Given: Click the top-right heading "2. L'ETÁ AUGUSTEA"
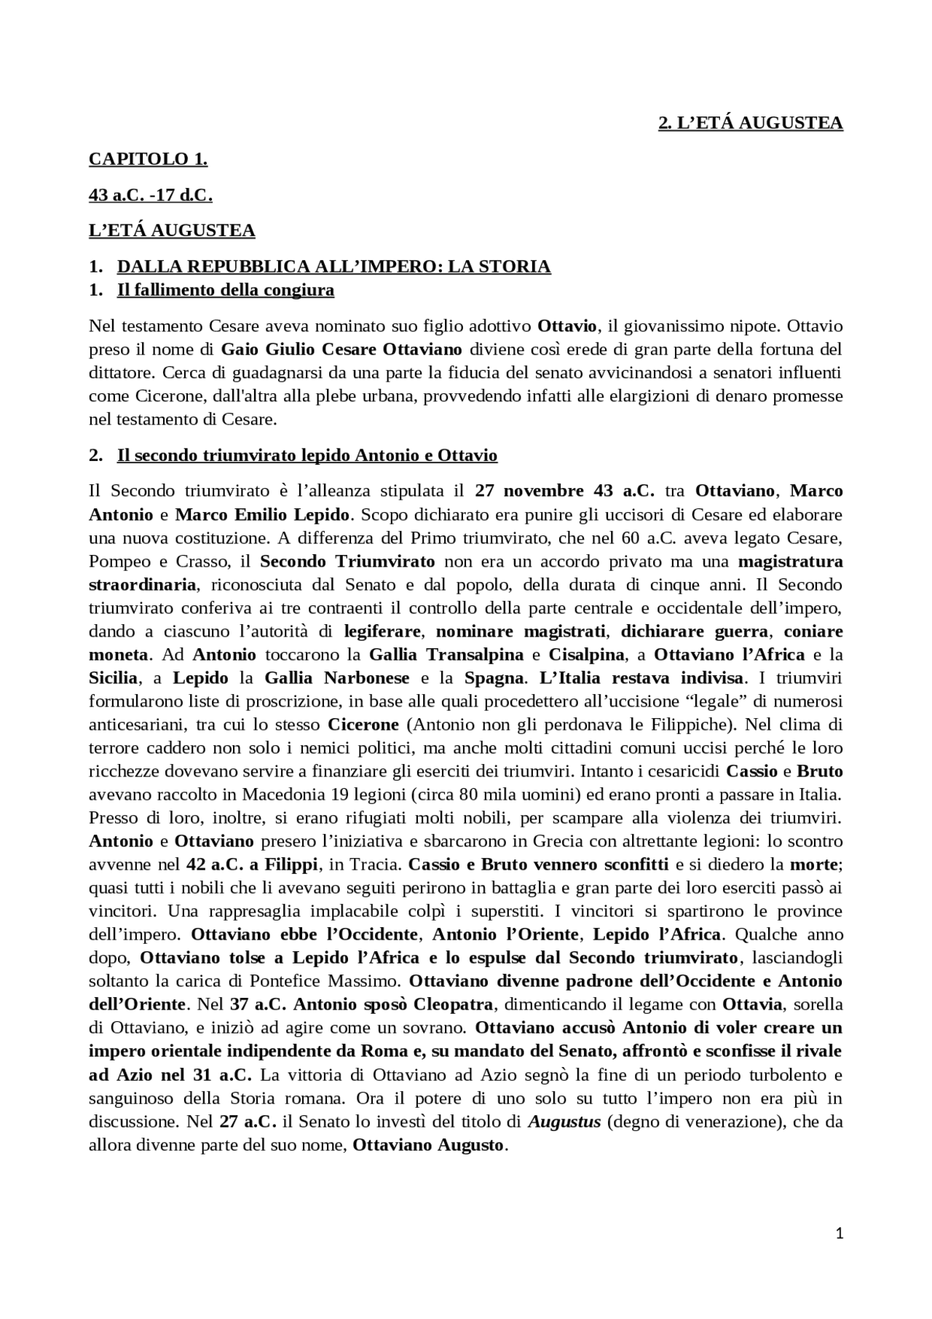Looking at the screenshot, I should [x=750, y=123].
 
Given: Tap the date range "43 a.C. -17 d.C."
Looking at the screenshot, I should [x=150, y=195].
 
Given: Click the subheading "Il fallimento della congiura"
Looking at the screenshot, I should [x=225, y=291].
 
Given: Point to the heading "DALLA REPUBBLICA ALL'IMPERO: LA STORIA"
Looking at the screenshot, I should [x=333, y=267].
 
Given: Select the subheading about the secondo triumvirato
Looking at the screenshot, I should [x=307, y=456].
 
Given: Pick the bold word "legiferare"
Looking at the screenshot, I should [x=382, y=631].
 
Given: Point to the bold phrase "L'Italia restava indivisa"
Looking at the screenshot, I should [x=641, y=678].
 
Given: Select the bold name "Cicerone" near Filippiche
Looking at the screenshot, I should [x=363, y=725].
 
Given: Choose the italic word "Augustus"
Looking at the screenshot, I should [x=564, y=1122].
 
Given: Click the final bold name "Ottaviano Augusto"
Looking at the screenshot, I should [x=428, y=1145].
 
